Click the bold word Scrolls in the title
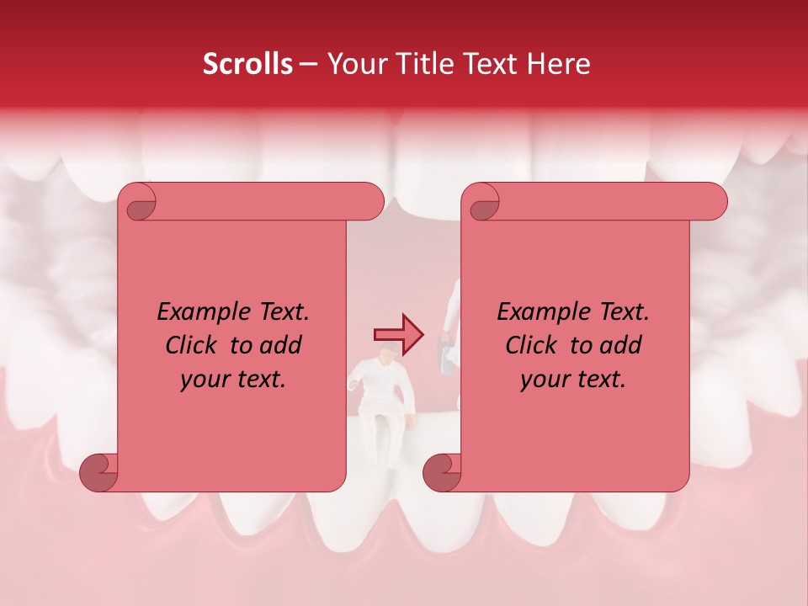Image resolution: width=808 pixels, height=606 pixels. click(x=247, y=64)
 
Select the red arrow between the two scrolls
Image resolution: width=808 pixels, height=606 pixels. click(x=398, y=335)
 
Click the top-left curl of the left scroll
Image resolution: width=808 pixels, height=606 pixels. click(x=137, y=202)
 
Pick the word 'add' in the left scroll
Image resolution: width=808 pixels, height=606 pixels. click(x=282, y=345)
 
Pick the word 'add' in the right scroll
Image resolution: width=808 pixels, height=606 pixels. click(x=622, y=345)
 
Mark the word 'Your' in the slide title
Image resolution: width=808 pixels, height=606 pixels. click(x=353, y=64)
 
